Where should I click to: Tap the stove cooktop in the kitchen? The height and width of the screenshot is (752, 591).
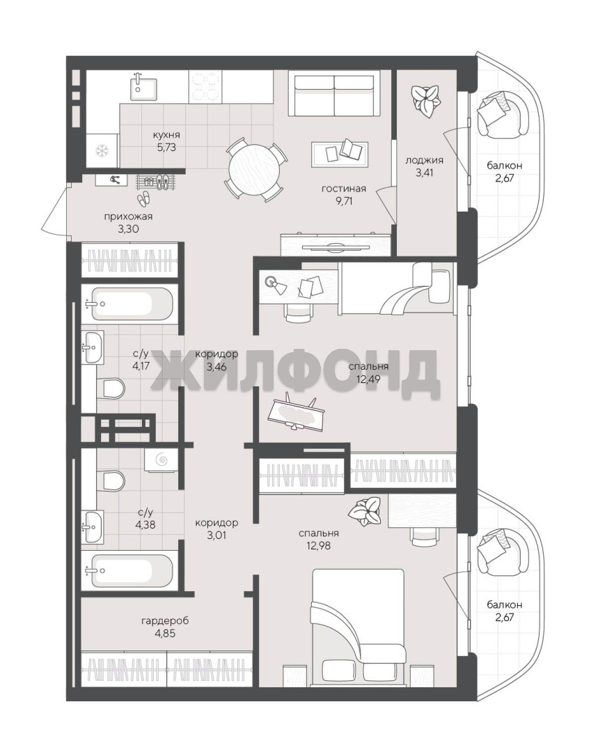[206, 86]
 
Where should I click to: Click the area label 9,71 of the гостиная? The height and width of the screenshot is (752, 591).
[344, 201]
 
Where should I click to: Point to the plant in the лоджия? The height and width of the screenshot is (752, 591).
[425, 100]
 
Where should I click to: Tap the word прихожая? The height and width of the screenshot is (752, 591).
[128, 217]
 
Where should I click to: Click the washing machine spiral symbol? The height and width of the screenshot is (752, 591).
[161, 460]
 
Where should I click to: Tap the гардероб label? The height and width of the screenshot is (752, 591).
[165, 620]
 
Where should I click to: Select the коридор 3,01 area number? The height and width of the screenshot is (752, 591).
[216, 535]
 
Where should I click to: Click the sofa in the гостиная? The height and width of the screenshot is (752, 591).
[335, 93]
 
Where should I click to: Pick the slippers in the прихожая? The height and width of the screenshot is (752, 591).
[143, 198]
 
